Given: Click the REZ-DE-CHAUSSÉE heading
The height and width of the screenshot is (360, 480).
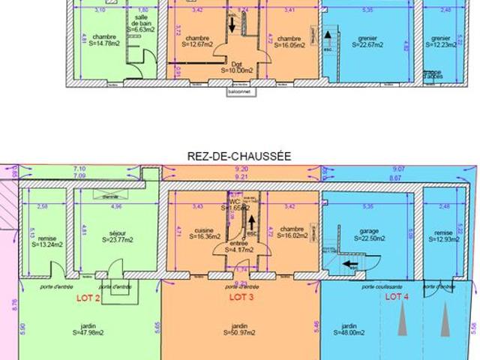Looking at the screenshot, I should (240, 156).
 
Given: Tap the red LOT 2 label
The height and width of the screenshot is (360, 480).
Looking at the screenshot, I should (88, 297).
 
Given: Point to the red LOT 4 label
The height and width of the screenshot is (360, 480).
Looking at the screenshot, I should (397, 297).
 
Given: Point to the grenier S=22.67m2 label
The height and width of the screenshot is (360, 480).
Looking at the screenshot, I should (368, 41).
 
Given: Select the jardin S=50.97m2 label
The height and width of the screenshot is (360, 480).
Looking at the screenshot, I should (238, 330).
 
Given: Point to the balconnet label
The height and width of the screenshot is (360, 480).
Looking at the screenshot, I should (240, 93).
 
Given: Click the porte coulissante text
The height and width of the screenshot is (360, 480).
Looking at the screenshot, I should (378, 287).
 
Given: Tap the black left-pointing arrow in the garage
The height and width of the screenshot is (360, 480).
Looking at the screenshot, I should (350, 263).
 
